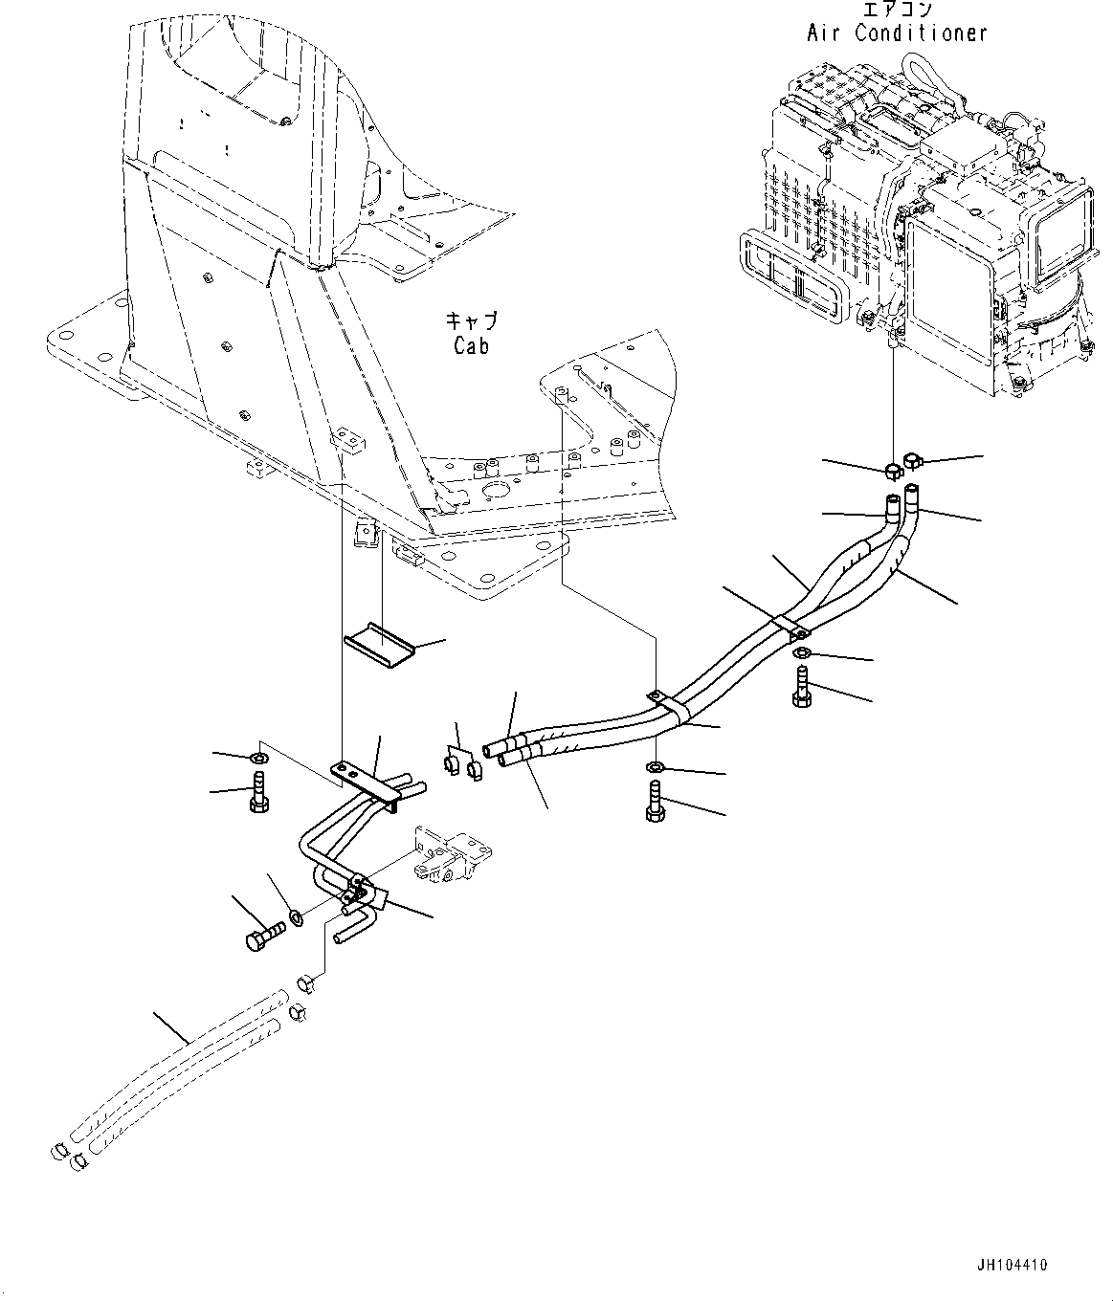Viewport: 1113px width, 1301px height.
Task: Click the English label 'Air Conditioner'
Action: tap(896, 33)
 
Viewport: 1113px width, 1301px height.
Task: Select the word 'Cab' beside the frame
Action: tap(472, 345)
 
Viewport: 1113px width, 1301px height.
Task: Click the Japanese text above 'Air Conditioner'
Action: tap(896, 10)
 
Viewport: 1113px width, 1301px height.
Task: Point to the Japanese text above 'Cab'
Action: tap(472, 321)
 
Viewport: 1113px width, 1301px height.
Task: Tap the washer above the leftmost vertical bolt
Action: tap(258, 760)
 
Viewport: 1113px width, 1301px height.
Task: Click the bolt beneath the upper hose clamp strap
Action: tap(801, 687)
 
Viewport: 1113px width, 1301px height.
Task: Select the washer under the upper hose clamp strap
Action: tap(801, 652)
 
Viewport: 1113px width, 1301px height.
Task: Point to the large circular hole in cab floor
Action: tap(497, 491)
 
